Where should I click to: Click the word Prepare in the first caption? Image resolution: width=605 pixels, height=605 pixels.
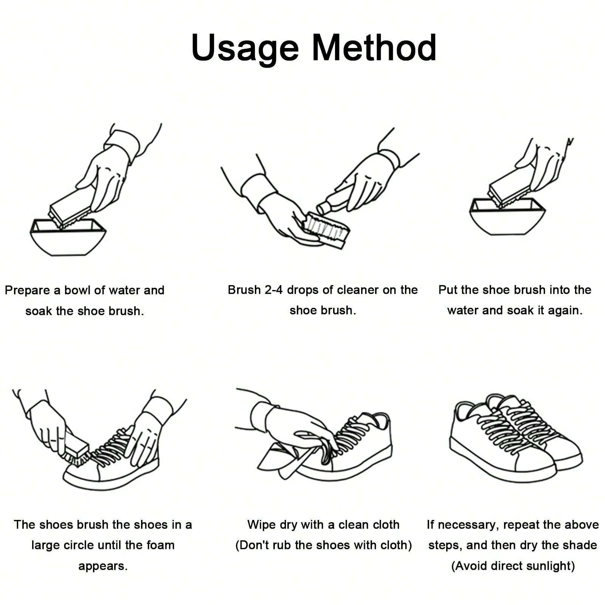29,291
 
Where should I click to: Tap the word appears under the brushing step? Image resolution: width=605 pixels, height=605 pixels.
103,566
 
